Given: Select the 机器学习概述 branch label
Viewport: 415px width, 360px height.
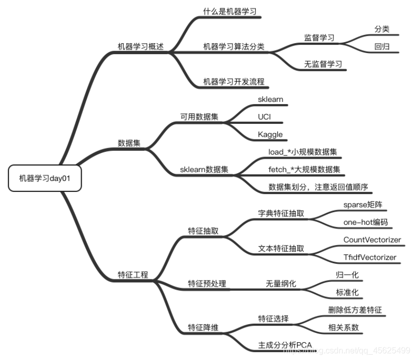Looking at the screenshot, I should (140, 46).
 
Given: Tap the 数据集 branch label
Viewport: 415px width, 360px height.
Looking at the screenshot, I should (129, 143).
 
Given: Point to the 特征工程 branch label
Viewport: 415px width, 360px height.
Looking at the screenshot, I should (133, 274).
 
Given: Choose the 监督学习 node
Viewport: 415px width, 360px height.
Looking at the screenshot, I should (319, 38).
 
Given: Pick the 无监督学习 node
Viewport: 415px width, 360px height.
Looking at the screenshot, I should (323, 65).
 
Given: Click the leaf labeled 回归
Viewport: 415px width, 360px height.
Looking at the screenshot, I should (382, 46).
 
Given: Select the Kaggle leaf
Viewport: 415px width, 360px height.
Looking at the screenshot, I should (270, 134).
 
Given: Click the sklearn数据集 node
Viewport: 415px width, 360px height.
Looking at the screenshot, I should (204, 170).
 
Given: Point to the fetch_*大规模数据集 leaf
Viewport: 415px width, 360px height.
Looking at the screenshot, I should (304, 170).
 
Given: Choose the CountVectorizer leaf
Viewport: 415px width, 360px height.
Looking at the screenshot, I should (372, 239).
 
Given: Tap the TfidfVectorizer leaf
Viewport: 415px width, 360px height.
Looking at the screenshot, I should (370, 258).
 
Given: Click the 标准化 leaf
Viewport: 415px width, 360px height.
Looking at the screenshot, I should (347, 292).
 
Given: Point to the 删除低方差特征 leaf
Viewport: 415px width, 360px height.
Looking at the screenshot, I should (355, 310).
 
